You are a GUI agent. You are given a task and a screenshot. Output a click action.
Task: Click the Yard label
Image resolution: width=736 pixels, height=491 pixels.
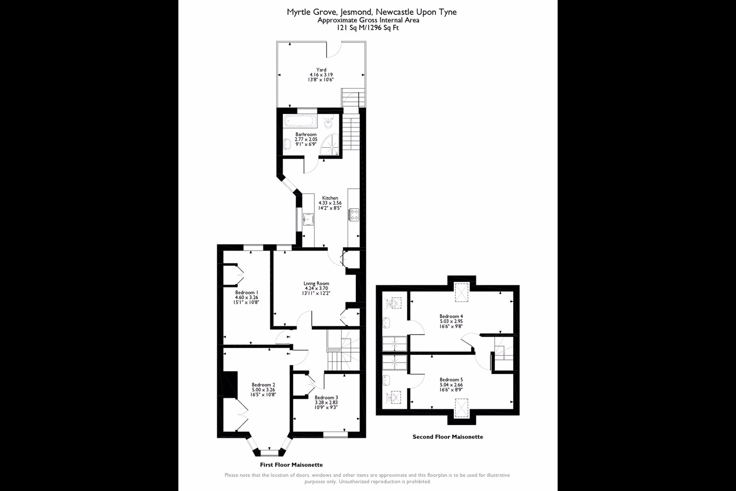click(x=321, y=70)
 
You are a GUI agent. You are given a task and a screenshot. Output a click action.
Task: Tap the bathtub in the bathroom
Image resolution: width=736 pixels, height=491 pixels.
click(x=301, y=121)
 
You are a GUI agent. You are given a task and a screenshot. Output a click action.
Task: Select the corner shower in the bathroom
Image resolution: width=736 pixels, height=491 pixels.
click(x=330, y=144)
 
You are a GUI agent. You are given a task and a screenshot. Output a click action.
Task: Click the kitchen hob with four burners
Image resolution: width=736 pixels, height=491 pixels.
click(x=354, y=215)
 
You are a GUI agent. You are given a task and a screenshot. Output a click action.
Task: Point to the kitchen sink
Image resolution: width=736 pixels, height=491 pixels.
click(x=308, y=219)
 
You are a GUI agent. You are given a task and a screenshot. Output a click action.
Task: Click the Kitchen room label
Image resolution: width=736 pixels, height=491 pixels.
click(x=330, y=198)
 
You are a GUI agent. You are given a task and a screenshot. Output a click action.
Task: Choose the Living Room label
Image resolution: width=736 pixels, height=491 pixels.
click(x=316, y=283)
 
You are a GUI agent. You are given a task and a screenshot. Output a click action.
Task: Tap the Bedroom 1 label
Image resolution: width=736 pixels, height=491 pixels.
click(x=246, y=293)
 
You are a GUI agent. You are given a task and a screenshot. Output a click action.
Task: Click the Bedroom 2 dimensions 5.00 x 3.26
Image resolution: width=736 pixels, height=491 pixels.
click(x=264, y=390)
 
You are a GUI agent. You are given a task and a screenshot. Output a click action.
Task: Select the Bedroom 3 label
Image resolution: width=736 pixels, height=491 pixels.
click(x=326, y=397)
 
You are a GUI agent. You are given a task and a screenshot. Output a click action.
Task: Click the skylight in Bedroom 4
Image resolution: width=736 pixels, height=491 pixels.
click(x=462, y=292)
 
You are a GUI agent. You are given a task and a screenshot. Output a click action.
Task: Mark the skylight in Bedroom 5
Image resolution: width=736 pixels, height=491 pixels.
click(x=462, y=408)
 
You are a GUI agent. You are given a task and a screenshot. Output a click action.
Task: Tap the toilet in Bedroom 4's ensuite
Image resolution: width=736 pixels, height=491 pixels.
click(x=394, y=303)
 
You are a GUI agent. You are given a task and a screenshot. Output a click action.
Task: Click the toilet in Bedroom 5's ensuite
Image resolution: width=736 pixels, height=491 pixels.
click(x=394, y=397)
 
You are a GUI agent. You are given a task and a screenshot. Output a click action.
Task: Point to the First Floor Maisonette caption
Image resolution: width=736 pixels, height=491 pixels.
click(x=291, y=465)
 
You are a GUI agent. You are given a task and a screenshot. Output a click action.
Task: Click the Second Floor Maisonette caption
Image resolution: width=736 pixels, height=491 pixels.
click(x=448, y=437)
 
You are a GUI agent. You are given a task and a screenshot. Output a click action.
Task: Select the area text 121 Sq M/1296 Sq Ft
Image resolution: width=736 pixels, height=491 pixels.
click(x=368, y=28)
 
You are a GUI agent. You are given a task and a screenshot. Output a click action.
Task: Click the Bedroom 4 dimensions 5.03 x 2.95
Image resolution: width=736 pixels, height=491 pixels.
click(x=451, y=321)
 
